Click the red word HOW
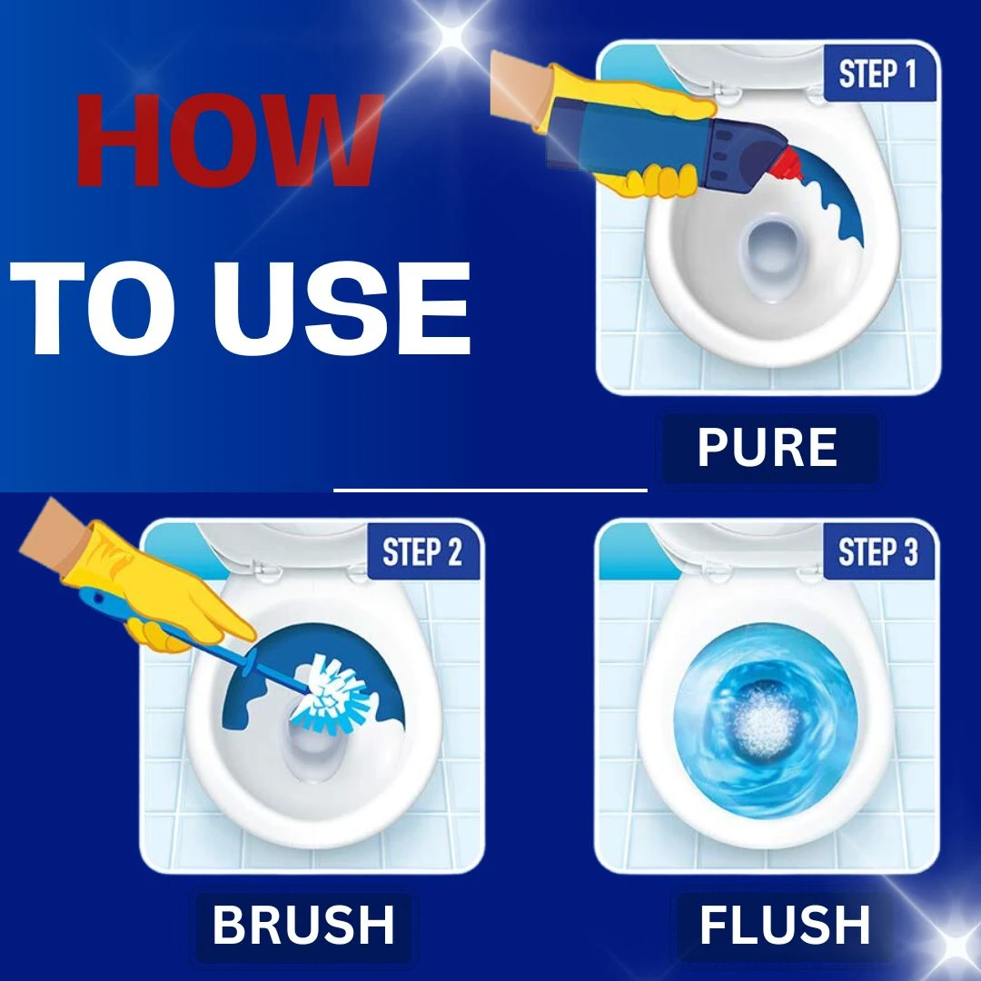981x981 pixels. pos(230,140)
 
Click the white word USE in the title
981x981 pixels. pos(342,309)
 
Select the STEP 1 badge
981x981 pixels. pos(877,74)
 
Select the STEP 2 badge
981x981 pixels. pos(422,552)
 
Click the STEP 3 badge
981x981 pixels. pos(877,552)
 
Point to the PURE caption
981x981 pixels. pos(768,447)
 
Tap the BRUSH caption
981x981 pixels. pos(303,924)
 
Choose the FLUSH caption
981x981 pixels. pos(785,924)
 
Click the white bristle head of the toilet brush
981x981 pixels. pos(332,693)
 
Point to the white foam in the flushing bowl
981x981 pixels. pos(765,723)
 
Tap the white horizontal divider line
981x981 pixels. pos(490,490)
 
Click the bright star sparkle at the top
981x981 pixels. pos(452,36)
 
